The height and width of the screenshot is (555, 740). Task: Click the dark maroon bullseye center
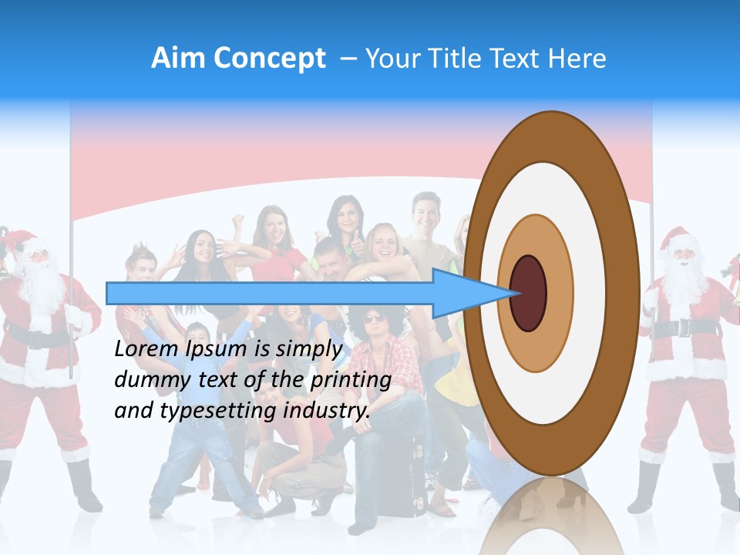coord(528,293)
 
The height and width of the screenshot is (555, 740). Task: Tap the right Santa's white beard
coord(684,281)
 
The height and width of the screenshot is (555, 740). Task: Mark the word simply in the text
coord(308,350)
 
